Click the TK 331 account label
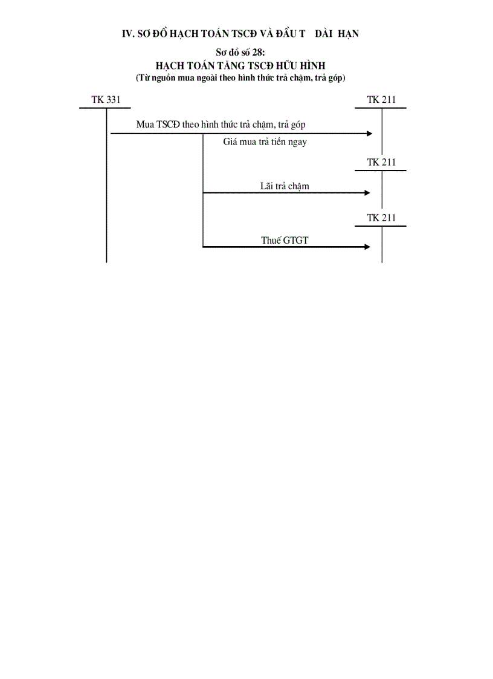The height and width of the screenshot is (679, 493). point(105,100)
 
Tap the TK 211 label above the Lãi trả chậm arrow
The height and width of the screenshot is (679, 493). point(381,162)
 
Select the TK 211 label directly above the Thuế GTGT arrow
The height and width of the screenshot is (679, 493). point(381,218)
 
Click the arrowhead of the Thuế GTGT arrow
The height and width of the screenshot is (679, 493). point(367,247)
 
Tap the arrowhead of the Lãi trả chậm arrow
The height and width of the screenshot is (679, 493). point(367,193)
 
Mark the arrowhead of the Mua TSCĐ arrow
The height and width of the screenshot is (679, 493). point(370,134)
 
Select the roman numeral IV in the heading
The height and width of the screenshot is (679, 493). point(128,34)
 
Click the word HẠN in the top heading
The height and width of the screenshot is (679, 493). point(347,34)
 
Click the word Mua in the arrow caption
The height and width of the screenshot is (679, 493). point(145,125)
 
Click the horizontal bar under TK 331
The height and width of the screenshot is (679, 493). point(105,108)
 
